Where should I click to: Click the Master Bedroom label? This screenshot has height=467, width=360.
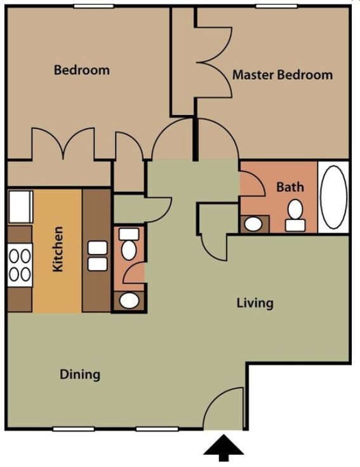[x=283, y=74]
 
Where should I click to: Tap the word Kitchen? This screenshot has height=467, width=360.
[x=58, y=249]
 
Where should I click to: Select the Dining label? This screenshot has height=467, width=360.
[x=80, y=374]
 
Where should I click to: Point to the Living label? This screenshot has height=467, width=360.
[x=255, y=303]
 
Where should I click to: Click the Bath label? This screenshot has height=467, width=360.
[x=290, y=187]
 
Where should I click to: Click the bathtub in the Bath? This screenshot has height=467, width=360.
[x=333, y=197]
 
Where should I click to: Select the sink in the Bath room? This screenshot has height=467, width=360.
[x=253, y=224]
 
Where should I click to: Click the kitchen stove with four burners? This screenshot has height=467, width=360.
[x=20, y=265]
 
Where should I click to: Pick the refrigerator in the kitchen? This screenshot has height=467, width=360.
[x=20, y=207]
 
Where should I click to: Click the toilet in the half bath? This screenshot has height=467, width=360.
[x=129, y=243]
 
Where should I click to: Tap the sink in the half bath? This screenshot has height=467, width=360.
[x=129, y=301]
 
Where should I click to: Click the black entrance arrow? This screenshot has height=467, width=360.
[x=223, y=448]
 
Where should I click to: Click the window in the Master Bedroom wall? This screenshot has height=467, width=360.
[x=277, y=6]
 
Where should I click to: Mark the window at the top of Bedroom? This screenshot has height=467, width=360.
[x=94, y=6]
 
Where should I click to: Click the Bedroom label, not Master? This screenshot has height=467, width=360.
[x=82, y=70]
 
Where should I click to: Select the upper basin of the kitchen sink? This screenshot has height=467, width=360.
[x=98, y=248]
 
